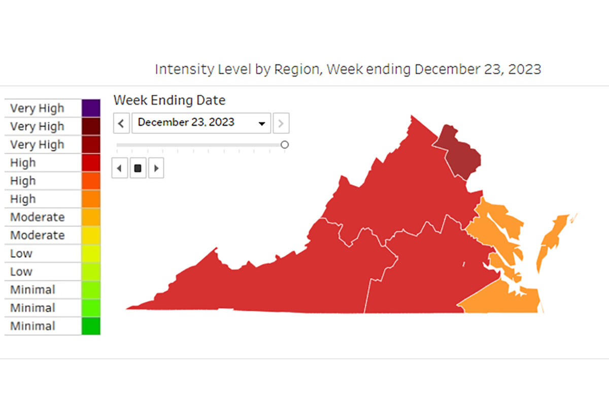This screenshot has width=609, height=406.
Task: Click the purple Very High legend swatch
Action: (91, 108)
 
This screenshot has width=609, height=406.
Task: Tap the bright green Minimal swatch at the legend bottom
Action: (91, 326)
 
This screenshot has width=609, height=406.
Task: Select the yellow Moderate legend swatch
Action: (91, 235)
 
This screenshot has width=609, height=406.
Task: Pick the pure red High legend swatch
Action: (91, 162)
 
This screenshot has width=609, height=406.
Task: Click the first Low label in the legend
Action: (21, 253)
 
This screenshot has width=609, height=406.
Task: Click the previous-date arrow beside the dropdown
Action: (121, 123)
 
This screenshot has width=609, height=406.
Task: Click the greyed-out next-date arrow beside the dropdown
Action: (281, 123)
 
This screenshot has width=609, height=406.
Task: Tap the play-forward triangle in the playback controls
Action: (156, 168)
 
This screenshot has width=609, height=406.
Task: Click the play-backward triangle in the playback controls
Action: (120, 168)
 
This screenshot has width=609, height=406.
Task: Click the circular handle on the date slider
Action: (285, 145)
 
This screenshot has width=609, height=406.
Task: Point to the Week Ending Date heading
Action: (170, 100)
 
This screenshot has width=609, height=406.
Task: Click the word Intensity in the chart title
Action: (178, 69)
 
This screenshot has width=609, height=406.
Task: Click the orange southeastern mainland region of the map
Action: (502, 299)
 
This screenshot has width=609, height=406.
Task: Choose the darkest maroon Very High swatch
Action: (91, 126)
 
